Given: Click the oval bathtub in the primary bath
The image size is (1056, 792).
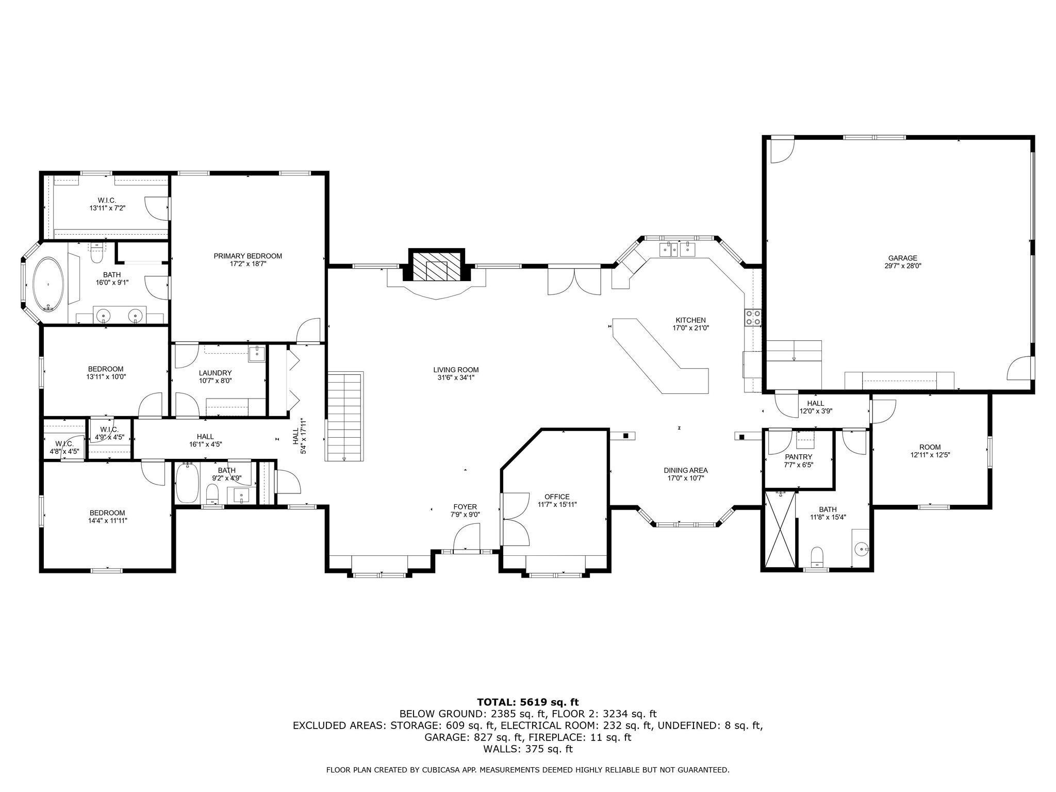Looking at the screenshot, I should tap(48, 285).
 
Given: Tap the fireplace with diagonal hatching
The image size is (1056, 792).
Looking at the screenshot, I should tap(437, 267).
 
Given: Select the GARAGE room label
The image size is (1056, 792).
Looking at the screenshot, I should tap(902, 258).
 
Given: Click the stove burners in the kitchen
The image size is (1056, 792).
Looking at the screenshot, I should tap(753, 318).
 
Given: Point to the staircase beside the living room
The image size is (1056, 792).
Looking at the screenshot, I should tap(344, 417).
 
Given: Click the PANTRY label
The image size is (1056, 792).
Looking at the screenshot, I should tap(798, 457).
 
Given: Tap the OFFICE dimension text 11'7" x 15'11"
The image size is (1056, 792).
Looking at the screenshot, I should tap(557, 504).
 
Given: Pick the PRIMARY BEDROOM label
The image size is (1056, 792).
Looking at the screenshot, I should tap(248, 256).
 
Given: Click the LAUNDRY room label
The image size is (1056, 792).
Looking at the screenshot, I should tap(215, 373).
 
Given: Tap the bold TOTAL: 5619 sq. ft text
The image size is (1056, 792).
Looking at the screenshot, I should tap(527, 702).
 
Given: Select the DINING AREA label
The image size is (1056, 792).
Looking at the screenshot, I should tap(685, 470).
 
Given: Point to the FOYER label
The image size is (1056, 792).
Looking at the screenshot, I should tap(465, 507).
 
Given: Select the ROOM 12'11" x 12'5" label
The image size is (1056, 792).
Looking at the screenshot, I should tap(930, 447).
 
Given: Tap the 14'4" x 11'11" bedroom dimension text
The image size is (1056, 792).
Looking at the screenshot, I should tap(108, 520).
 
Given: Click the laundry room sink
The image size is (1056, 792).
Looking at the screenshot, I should tap(256, 354).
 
